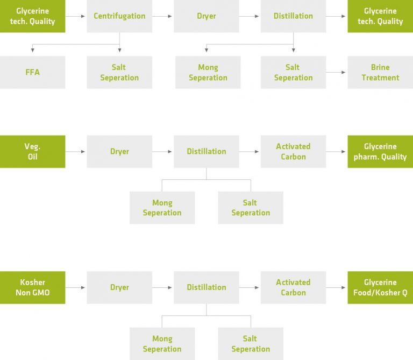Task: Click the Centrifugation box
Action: (x=119, y=16)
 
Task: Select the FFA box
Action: (x=32, y=72)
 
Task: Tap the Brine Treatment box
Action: (x=380, y=72)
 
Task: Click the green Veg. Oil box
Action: (x=32, y=152)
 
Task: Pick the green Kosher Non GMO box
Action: (x=32, y=287)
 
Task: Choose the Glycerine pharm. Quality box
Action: (x=380, y=152)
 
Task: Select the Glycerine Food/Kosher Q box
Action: (x=380, y=287)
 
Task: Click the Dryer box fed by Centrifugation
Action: (x=206, y=16)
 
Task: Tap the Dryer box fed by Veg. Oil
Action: (x=119, y=152)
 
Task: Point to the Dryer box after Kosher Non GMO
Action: (x=119, y=287)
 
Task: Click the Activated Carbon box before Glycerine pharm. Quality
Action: (x=293, y=152)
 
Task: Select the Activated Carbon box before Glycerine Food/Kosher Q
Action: (x=293, y=287)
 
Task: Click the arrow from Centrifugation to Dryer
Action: (x=163, y=16)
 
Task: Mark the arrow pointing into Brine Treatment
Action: (x=337, y=72)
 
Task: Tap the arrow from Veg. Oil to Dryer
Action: (x=76, y=152)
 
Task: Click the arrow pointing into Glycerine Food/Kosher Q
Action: (x=337, y=287)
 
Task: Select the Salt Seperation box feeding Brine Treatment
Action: (x=293, y=72)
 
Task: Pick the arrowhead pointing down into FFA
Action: (x=33, y=51)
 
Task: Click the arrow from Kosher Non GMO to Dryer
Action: (x=76, y=287)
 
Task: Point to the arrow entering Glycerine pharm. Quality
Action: (x=337, y=152)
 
